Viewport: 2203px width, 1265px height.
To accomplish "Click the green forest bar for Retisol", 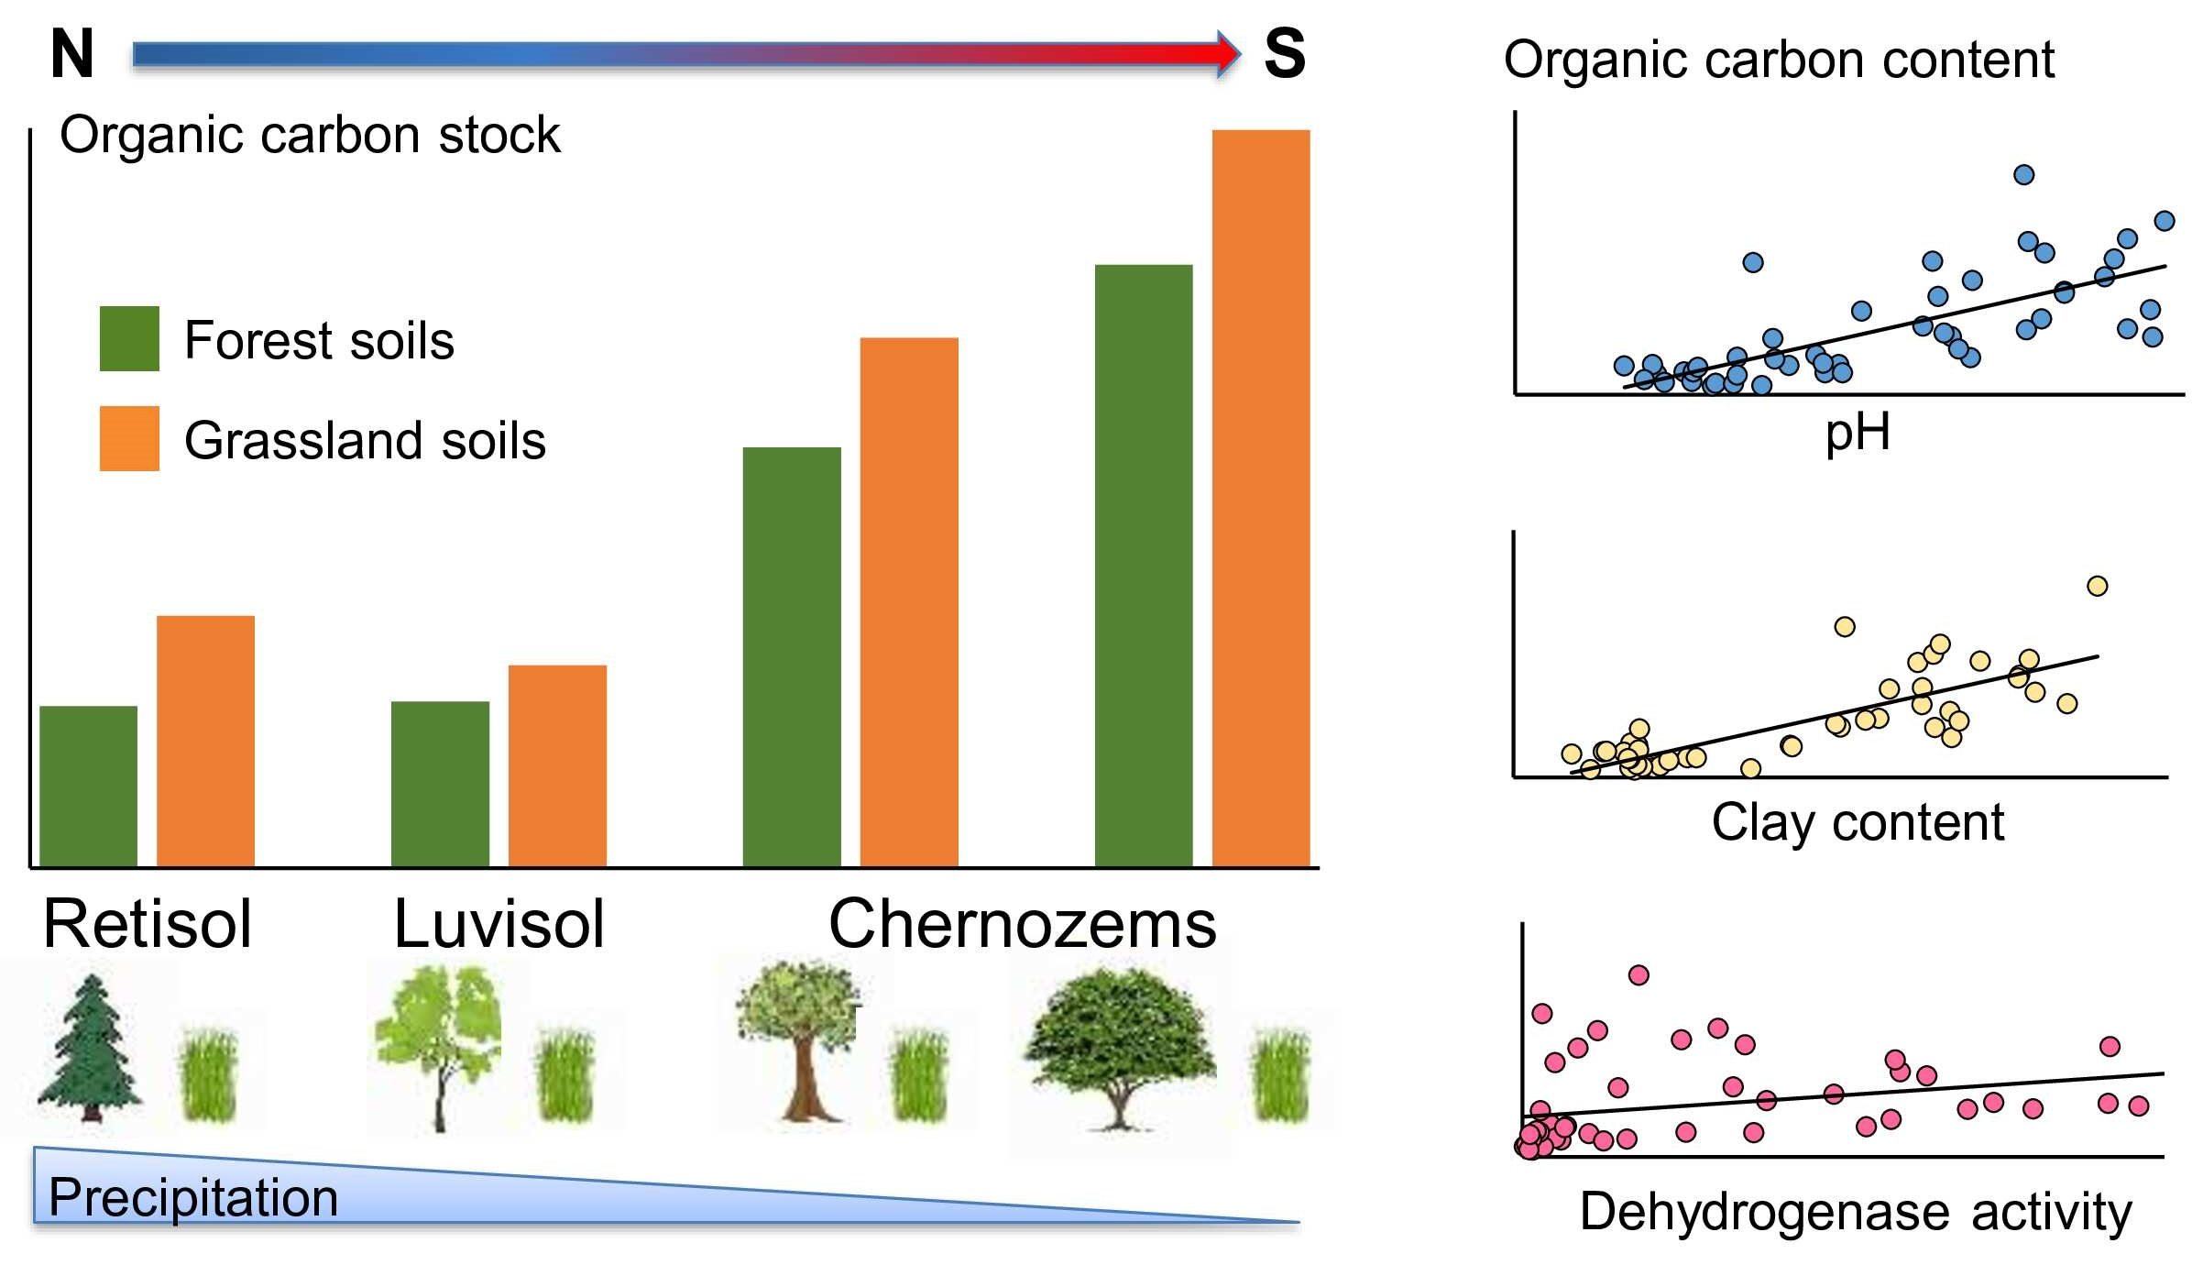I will pyautogui.click(x=88, y=786).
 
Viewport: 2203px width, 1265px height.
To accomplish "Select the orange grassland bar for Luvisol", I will pyautogui.click(x=557, y=765).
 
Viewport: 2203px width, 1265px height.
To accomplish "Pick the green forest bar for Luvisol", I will pyautogui.click(x=440, y=784).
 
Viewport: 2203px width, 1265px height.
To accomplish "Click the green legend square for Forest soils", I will pyautogui.click(x=129, y=338).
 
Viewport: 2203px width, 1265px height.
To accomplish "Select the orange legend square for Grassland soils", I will pyautogui.click(x=129, y=438).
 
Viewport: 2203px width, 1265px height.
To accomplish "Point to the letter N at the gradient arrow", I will pyautogui.click(x=71, y=54).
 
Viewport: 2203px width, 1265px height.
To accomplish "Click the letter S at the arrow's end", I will pyautogui.click(x=1284, y=54).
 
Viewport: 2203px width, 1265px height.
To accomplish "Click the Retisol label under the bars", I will pyautogui.click(x=148, y=923).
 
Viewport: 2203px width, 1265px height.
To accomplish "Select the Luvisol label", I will pyautogui.click(x=499, y=923).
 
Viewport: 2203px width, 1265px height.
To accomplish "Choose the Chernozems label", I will pyautogui.click(x=1022, y=923).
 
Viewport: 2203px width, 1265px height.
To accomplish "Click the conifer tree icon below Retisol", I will pyautogui.click(x=90, y=1049).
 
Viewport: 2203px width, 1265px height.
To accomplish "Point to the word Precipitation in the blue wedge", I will pyautogui.click(x=193, y=1197).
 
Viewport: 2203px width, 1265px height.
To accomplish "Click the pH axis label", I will pyautogui.click(x=1857, y=433).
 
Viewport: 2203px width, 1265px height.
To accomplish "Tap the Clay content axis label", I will pyautogui.click(x=1857, y=821).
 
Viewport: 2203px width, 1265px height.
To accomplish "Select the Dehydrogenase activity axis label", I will pyautogui.click(x=1855, y=1212).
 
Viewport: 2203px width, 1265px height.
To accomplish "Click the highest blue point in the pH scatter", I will pyautogui.click(x=2023, y=174).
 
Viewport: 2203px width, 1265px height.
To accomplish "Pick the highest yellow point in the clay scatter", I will pyautogui.click(x=2097, y=586).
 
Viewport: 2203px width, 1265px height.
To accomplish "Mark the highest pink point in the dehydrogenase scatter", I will pyautogui.click(x=1639, y=974).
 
